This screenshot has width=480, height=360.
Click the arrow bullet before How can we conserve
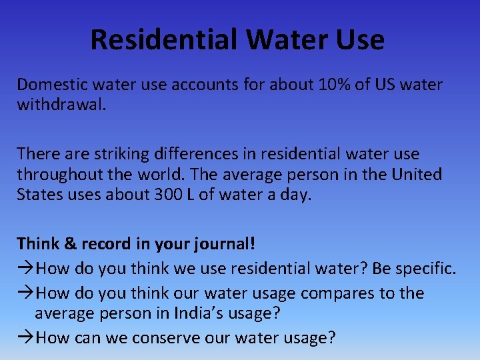(x=25, y=338)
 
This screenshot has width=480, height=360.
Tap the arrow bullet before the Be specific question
(x=25, y=269)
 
